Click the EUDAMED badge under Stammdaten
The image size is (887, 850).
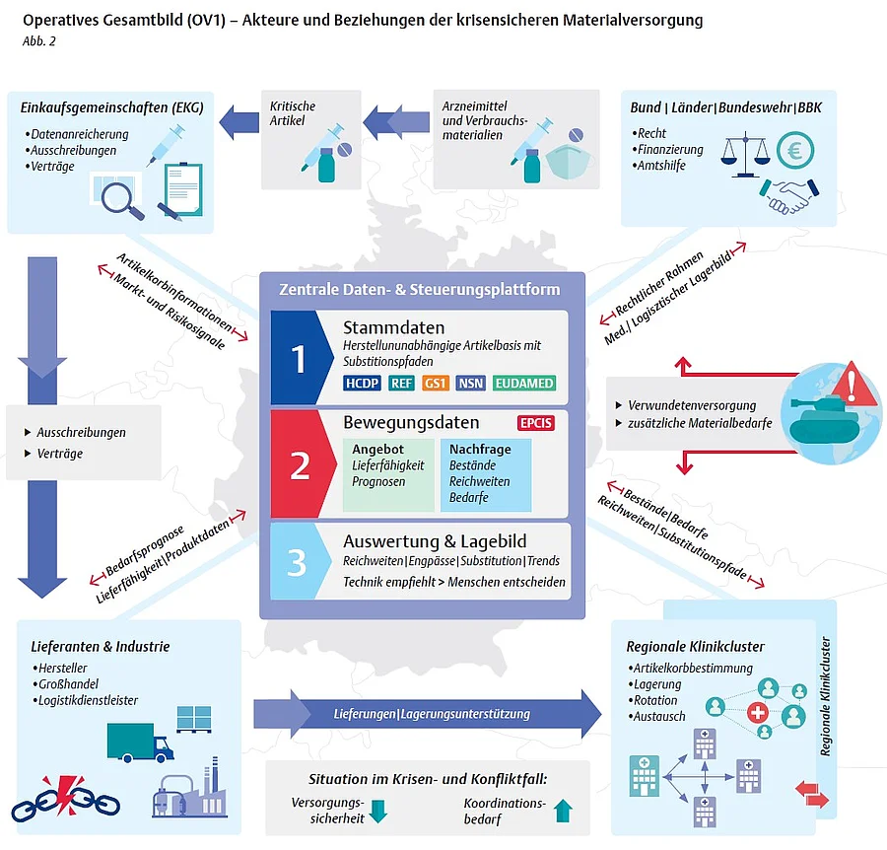pos(524,384)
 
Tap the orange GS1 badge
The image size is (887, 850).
pos(435,384)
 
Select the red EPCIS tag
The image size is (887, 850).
pos(536,423)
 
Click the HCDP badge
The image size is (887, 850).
pos(362,384)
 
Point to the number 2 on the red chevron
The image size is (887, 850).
pos(300,465)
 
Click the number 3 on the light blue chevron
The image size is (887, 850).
pos(297,562)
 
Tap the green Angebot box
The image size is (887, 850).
pos(388,475)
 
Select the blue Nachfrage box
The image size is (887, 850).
pos(486,475)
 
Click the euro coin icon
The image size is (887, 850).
pos(794,151)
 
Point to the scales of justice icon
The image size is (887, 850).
pos(746,155)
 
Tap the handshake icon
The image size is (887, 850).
pos(789,196)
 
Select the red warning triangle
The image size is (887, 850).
pos(852,385)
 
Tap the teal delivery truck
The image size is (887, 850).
pos(140,743)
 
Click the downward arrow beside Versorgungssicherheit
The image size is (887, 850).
pos(377,811)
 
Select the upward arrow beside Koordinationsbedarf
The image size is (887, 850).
pos(563,811)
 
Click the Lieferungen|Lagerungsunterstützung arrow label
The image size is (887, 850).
pos(432,714)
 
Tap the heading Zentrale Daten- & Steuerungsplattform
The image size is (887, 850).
pos(419,289)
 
